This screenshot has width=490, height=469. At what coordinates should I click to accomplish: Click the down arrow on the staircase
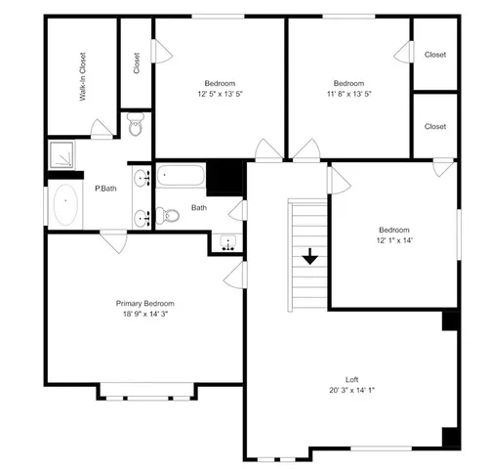309,257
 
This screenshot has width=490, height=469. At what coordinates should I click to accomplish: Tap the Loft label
351,379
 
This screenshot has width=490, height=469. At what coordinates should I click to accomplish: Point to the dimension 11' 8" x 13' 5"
348,94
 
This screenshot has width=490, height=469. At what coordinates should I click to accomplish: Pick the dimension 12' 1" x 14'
394,240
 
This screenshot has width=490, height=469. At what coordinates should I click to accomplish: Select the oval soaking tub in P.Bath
66,206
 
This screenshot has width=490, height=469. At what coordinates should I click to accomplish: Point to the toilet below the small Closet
136,124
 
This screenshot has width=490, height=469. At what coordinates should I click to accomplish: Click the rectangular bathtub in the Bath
181,178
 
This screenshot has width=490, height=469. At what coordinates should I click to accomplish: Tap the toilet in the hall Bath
168,216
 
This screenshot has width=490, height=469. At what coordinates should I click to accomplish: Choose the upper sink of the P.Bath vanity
142,178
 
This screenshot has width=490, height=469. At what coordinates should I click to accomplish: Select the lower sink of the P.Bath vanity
142,217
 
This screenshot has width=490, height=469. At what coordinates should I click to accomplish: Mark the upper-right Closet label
434,55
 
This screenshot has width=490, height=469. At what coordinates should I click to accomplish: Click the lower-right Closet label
434,126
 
